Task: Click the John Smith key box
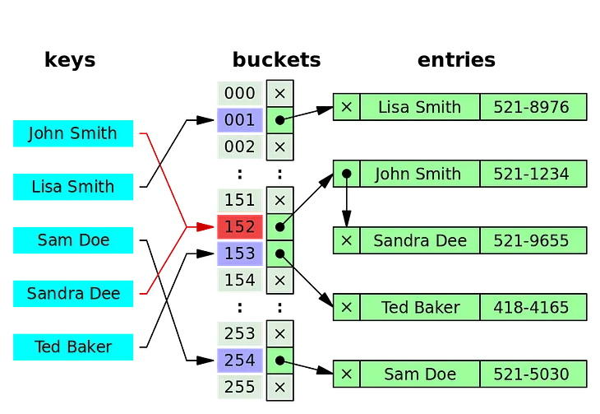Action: [72, 134]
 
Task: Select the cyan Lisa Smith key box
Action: [72, 187]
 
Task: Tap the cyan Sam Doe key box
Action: [72, 240]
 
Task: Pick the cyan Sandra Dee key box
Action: [72, 294]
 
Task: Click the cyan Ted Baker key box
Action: [72, 347]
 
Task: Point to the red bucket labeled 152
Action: [239, 226]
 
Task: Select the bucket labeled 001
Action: [239, 120]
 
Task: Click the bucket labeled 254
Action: [239, 361]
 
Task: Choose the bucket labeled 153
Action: [239, 254]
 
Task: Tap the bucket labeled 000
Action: [239, 94]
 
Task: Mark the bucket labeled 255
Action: [239, 387]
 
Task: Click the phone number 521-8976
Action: [533, 107]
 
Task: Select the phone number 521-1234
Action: [533, 174]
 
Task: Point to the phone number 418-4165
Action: [533, 308]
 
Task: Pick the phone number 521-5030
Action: [533, 374]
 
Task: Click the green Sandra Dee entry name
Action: [419, 240]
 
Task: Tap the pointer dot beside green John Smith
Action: [346, 174]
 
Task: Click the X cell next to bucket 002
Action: [280, 147]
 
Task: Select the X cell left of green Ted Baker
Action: [346, 308]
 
